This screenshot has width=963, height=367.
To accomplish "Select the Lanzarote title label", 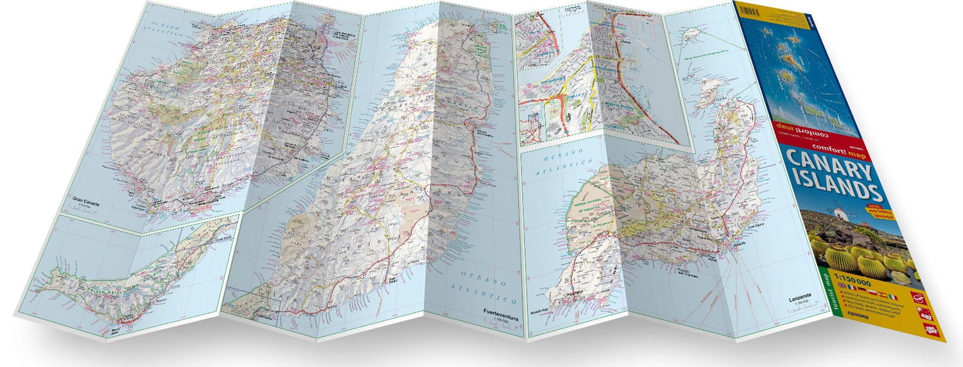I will click(802, 299).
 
